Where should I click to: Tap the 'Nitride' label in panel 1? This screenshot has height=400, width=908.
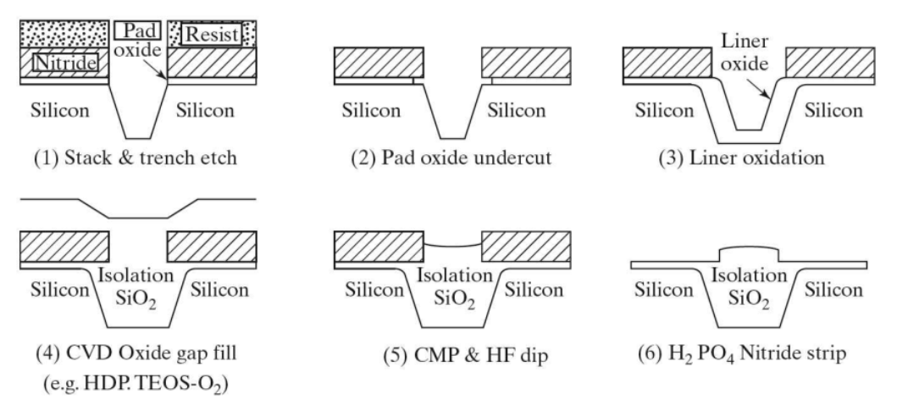pyautogui.click(x=63, y=63)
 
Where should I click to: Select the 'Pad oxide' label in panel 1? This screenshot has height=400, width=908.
pyautogui.click(x=136, y=40)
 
